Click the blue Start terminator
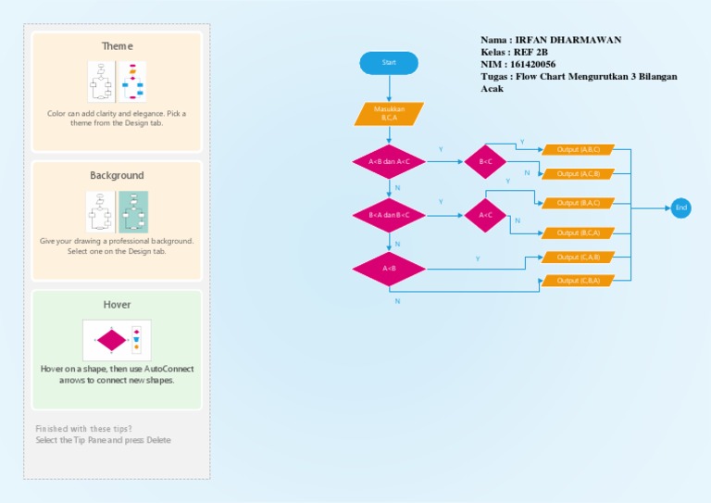(389, 63)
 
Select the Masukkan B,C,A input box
(389, 114)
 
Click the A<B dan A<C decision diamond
(389, 161)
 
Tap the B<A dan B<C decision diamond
(389, 215)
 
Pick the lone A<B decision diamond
(389, 269)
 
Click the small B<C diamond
(486, 161)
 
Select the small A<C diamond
(486, 215)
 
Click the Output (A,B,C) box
(578, 149)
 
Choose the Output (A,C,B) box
(578, 173)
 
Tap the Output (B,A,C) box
(578, 203)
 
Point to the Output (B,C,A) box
(578, 233)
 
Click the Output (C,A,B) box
(578, 258)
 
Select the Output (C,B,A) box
(578, 281)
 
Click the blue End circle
(681, 207)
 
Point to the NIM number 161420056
(535, 64)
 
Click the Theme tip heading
(117, 46)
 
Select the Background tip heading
(117, 175)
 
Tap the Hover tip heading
(117, 305)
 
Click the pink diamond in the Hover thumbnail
(111, 340)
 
